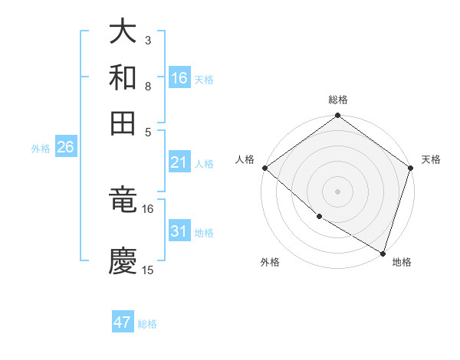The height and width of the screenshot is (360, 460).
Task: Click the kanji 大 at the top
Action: pyautogui.click(x=123, y=32)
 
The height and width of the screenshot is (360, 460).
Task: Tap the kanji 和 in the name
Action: pyautogui.click(x=123, y=77)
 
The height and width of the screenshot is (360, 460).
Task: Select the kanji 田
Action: pyautogui.click(x=123, y=123)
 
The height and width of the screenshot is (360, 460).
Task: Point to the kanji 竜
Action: pyautogui.click(x=123, y=201)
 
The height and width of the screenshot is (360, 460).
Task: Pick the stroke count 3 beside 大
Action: pyautogui.click(x=148, y=40)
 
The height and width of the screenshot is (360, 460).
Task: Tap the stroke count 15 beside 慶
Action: pyautogui.click(x=148, y=270)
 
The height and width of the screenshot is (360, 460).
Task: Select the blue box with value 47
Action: pyautogui.click(x=123, y=322)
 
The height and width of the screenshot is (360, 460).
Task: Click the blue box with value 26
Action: pyautogui.click(x=65, y=147)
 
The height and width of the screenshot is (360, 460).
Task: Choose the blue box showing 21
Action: pyautogui.click(x=179, y=162)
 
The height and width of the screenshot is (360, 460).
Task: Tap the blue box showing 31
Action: pyautogui.click(x=179, y=231)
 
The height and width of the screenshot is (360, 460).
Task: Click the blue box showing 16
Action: pyautogui.click(x=179, y=78)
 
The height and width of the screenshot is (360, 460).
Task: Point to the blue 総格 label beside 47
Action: pyautogui.click(x=147, y=324)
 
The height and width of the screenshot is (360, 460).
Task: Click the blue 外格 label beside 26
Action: pyautogui.click(x=41, y=149)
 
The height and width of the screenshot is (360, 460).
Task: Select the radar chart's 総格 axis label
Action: pyautogui.click(x=338, y=100)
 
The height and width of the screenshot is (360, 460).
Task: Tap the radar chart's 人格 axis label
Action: pyautogui.click(x=245, y=159)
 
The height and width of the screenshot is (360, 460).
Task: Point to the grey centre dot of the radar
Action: pyautogui.click(x=338, y=191)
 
